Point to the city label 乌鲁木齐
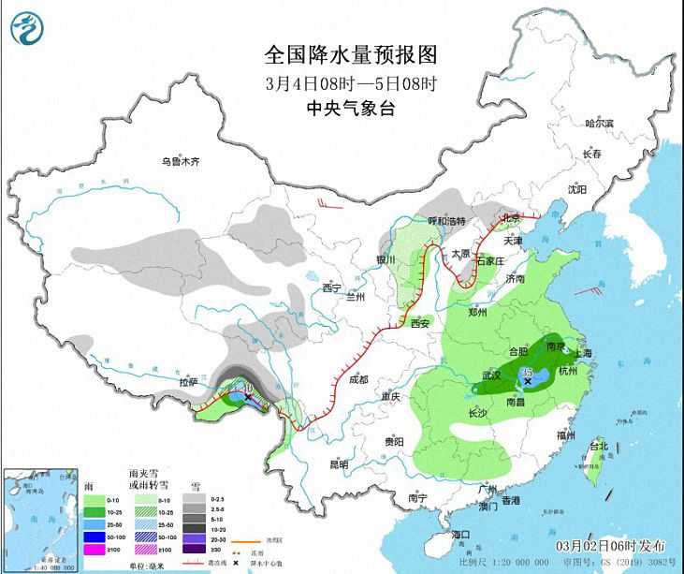pos(180,161)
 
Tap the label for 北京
pos(511,218)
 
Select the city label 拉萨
pos(189,381)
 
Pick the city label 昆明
pos(338,464)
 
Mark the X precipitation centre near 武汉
pos(529,381)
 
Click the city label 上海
pos(583,353)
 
